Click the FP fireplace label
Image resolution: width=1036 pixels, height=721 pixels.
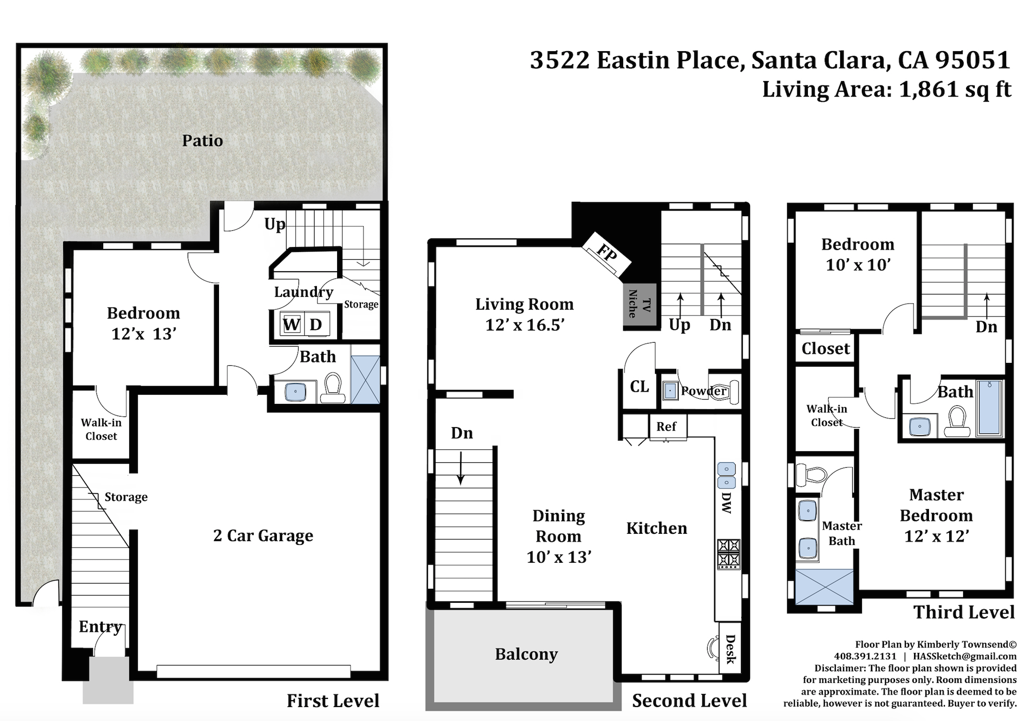point(606,252)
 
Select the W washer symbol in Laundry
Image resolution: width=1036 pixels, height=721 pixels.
point(291,324)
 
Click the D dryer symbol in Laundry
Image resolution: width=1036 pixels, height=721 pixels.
point(316,324)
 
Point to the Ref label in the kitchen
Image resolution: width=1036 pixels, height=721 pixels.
point(666,427)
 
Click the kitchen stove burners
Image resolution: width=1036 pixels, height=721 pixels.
point(728,553)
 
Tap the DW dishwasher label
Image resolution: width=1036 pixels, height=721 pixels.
point(726,502)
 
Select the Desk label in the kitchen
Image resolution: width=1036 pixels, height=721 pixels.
point(730,650)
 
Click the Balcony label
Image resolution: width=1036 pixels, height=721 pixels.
point(526,654)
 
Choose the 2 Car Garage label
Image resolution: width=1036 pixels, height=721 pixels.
point(263,535)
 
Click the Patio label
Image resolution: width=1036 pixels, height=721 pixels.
point(203,140)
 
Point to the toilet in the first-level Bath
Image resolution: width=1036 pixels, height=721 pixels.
point(333,387)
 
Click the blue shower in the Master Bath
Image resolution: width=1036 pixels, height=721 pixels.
point(824,586)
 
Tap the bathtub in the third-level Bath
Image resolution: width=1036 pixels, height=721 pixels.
point(989,408)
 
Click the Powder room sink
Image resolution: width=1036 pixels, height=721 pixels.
point(670,390)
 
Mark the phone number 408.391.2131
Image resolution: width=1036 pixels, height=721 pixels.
point(865,656)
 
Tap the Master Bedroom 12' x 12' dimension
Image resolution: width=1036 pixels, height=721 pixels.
point(936,536)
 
